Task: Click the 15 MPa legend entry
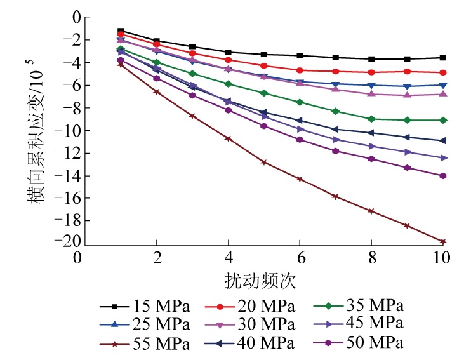145,307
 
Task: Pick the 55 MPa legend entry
145,344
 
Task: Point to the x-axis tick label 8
371,257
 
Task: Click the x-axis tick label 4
228,257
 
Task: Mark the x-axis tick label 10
442,257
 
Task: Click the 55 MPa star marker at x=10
442,242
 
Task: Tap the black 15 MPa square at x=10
442,58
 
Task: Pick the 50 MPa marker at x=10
442,176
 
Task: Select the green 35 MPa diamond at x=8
371,119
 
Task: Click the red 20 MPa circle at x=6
300,70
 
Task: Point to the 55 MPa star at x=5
263,162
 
